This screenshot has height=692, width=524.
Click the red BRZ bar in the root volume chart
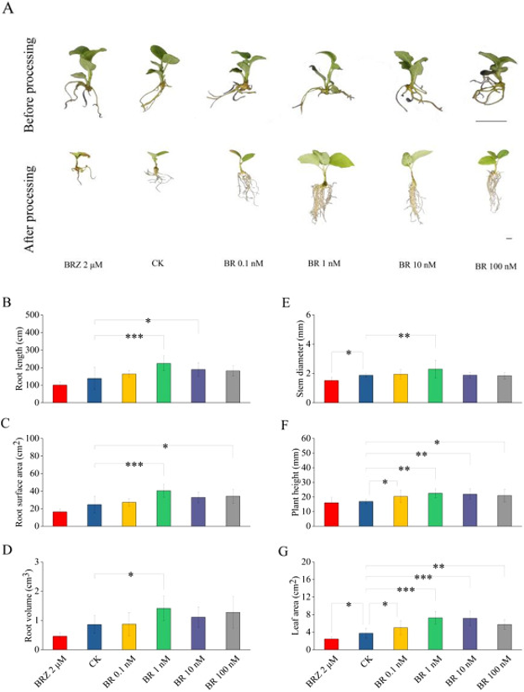[x=60, y=642]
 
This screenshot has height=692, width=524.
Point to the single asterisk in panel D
[x=130, y=575]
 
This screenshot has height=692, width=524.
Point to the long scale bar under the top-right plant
[x=490, y=121]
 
